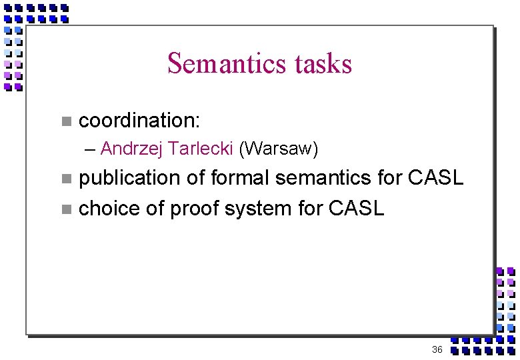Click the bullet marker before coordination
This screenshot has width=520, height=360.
pos(65,121)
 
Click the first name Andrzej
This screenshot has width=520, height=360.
pos(131,149)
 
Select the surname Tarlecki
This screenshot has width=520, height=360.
pos(199,148)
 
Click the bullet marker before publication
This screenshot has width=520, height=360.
pos(65,179)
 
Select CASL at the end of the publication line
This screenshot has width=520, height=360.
pos(435,178)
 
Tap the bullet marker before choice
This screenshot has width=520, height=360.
pos(65,209)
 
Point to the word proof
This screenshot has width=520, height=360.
pos(197,209)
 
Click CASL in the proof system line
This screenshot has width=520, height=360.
pos(357,209)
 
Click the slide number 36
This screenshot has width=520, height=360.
pos(437,349)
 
